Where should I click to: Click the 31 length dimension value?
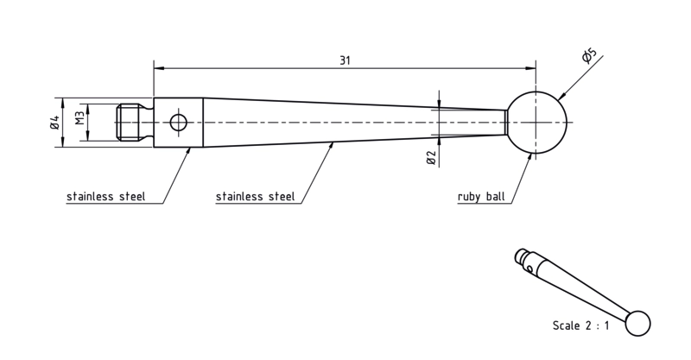point(345,60)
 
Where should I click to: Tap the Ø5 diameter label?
point(589,56)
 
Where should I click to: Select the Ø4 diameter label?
point(54,123)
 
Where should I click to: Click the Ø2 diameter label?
point(431,158)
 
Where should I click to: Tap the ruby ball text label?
point(481,197)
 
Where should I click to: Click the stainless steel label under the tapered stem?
point(255,196)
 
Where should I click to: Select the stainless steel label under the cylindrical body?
point(105,196)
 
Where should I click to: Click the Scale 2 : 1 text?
point(580,325)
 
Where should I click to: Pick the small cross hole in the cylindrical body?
point(179,123)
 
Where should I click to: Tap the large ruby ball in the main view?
point(536,123)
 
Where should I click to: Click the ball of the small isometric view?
point(637,324)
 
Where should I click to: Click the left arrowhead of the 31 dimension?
point(159,68)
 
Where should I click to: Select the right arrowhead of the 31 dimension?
point(531,68)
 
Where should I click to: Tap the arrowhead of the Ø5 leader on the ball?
point(561,96)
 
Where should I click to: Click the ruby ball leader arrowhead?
point(529,158)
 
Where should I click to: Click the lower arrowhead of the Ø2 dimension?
point(440,140)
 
